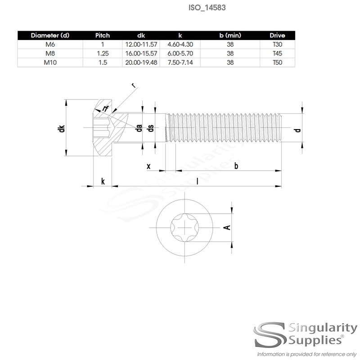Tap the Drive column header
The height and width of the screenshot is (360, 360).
pos(278,36)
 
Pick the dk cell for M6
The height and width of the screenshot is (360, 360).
pos(141,45)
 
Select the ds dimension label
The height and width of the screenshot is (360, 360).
pos(152,128)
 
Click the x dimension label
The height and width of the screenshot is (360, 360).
pos(148,166)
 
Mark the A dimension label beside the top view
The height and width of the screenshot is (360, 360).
pos(228,227)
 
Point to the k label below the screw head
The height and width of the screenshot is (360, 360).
pos(103,181)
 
